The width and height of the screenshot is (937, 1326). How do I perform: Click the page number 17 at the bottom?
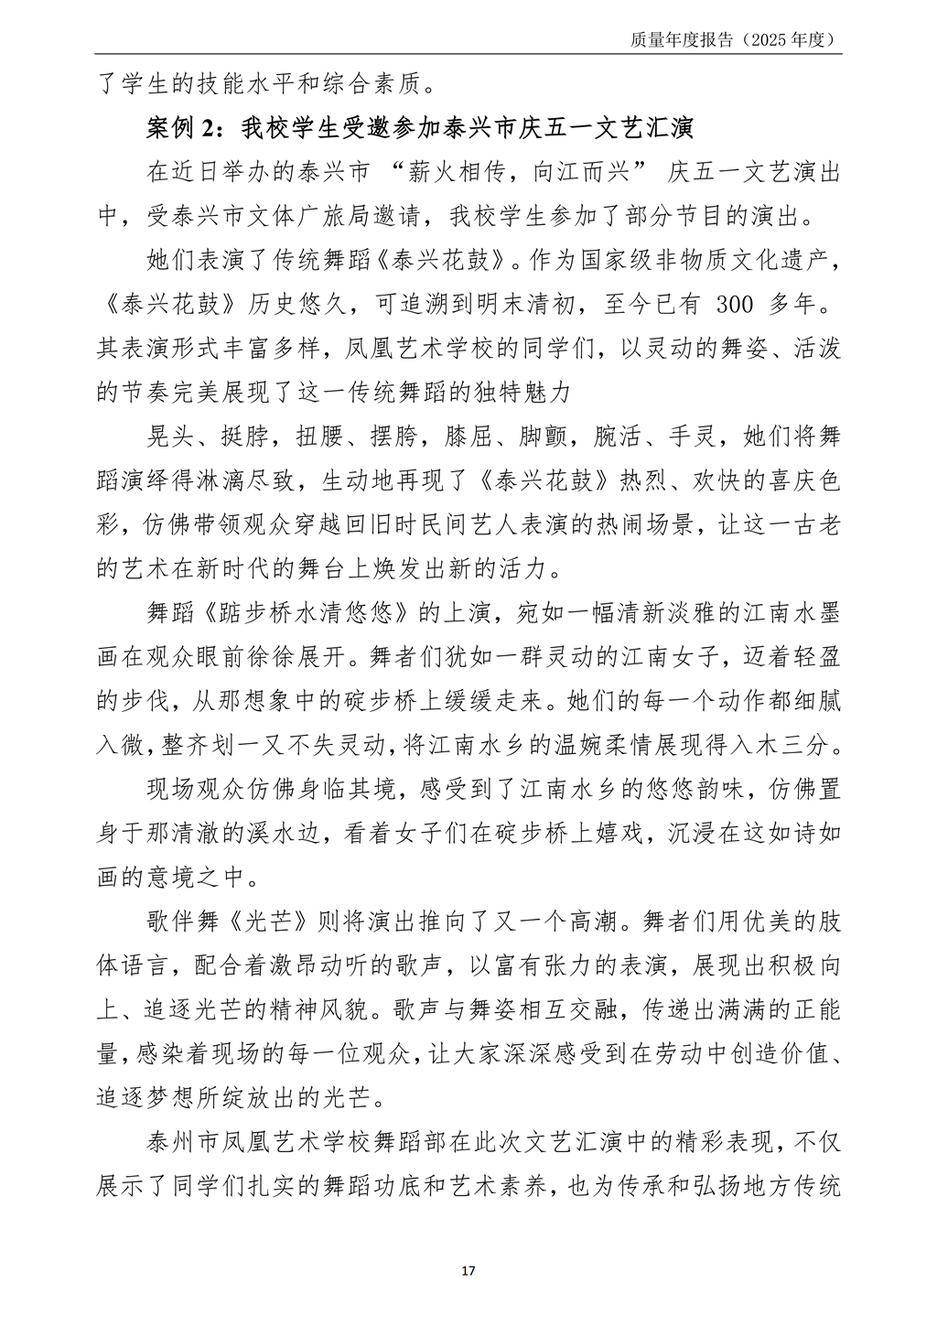(x=468, y=1271)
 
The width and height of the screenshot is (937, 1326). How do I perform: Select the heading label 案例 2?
(x=182, y=128)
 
